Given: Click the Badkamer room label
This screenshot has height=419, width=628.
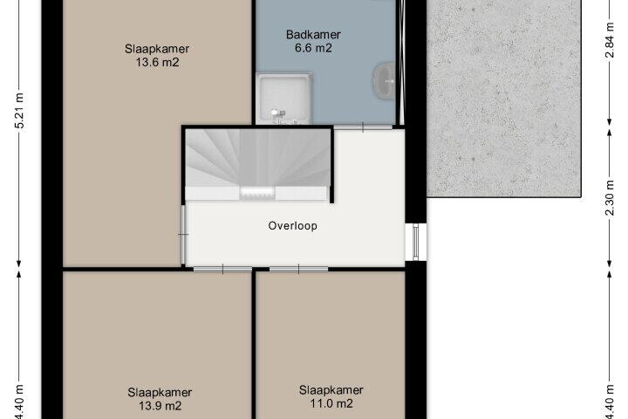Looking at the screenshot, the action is pos(313,35).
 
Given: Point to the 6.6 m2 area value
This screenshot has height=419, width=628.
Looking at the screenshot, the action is pos(313,48).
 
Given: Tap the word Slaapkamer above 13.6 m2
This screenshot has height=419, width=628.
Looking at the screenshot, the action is pos(157,49).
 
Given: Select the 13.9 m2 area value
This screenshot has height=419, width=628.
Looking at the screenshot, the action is pos(160,406).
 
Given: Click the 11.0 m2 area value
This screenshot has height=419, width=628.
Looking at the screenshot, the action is pos(331,403).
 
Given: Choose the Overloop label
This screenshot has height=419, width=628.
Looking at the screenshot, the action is pos(293,226).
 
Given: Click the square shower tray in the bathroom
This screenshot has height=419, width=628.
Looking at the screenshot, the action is pos(284,99).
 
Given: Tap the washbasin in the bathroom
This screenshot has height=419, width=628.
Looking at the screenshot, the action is pos(384,81).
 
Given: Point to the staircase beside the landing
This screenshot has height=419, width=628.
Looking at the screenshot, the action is pos(258,163).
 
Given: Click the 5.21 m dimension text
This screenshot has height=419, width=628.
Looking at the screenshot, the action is pos(19,111).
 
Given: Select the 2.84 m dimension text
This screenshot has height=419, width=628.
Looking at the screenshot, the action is pos(609,39).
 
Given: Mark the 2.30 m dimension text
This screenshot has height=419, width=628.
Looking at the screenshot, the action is pos(609,197).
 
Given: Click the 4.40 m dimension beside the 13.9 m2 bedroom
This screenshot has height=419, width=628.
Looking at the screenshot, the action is pos(19,402).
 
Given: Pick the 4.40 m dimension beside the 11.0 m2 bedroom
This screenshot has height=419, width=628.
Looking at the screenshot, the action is pos(609,402).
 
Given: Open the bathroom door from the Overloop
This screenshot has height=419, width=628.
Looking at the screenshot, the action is pos(363,127).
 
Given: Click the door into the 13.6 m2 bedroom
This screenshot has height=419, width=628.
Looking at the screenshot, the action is pos(182,235).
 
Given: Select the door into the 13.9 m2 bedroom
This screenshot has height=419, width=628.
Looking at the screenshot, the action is pos(222,269).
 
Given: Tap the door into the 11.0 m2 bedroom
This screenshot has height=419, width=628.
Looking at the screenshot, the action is pos(299,269).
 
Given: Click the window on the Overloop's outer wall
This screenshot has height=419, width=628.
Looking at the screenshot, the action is pos(415,242).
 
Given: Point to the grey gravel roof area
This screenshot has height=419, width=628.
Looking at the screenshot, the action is pos(504,99).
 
